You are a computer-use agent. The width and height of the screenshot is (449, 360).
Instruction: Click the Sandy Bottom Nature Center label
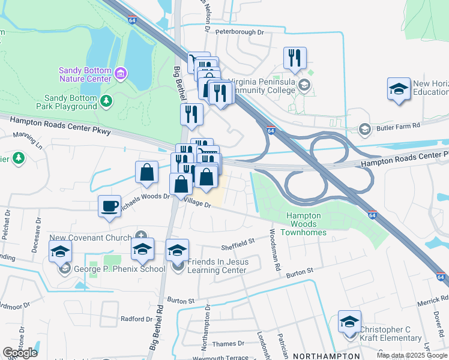(x=85, y=74)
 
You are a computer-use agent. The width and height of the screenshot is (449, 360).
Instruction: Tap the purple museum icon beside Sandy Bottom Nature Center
(x=121, y=74)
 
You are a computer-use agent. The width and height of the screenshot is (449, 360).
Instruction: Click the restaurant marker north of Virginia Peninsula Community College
(x=295, y=58)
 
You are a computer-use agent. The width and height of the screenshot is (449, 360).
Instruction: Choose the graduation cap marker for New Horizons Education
(x=399, y=89)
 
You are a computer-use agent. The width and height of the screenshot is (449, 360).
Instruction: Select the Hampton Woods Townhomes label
(x=306, y=224)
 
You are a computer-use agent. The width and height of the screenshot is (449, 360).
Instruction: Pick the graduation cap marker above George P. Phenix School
(x=61, y=252)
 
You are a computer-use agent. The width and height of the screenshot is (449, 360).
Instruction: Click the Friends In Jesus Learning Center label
(x=217, y=266)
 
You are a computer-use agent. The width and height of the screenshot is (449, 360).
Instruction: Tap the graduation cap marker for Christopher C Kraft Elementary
(x=349, y=322)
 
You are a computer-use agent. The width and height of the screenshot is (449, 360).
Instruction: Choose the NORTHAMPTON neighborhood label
(x=322, y=356)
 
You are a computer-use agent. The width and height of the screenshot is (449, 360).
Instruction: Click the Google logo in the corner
(x=20, y=353)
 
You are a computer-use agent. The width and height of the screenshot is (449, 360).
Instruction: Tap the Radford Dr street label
(x=136, y=319)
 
